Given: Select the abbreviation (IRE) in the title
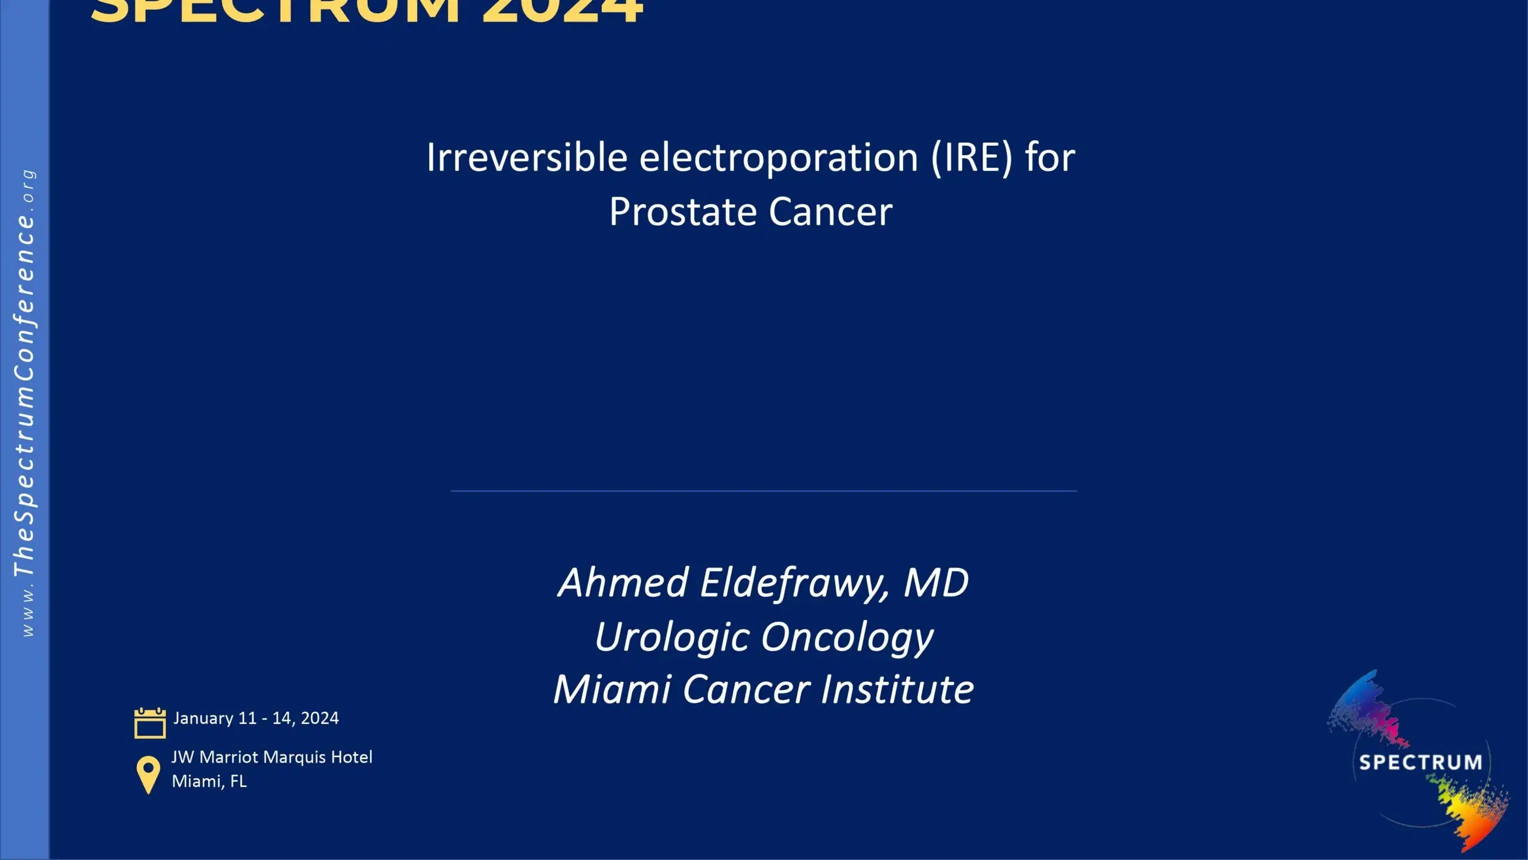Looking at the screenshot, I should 972,158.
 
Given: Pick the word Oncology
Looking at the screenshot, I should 848,637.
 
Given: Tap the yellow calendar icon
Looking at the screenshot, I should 150,723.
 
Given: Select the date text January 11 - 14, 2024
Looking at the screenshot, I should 256,718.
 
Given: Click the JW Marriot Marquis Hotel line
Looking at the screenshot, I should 272,757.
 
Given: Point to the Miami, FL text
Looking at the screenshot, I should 210,781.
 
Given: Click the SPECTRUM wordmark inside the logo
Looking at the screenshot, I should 1421,763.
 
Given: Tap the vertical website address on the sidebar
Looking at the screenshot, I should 24,403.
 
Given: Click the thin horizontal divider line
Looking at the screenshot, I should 763,491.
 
